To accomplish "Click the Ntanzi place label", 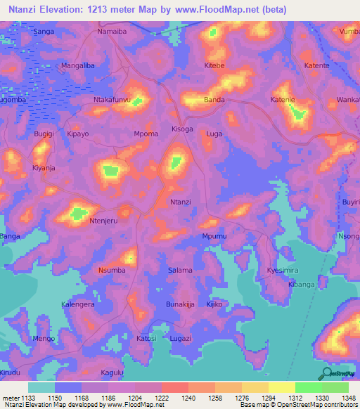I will coord(181,202).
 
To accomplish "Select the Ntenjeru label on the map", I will coord(103,221).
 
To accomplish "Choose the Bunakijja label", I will coord(179,304).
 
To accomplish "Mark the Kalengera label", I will coord(78,304).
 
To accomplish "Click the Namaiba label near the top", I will coord(112,32).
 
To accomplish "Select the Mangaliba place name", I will coord(78,65).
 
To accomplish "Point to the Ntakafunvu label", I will coord(112,100).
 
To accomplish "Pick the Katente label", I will coord(317,65).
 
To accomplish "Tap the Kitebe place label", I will coord(214,65).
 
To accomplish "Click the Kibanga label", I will coord(301,284).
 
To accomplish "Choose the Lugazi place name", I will coord(180,338).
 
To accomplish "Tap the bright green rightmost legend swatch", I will coord(335,387).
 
